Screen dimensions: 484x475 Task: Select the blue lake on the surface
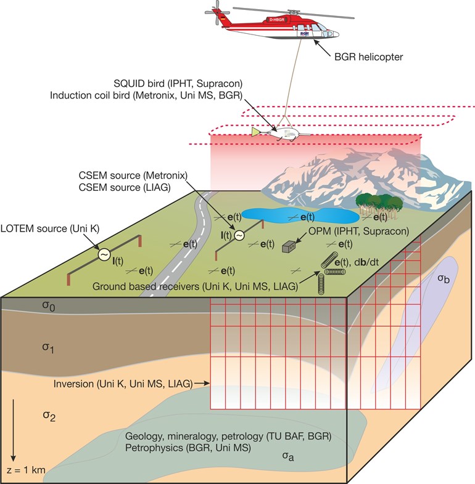click(x=300, y=216)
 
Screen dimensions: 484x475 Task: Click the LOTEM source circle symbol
click(x=104, y=254)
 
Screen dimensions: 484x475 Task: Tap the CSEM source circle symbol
click(x=238, y=235)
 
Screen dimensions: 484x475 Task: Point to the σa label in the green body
click(x=287, y=456)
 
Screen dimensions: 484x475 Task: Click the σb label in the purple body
click(x=442, y=278)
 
